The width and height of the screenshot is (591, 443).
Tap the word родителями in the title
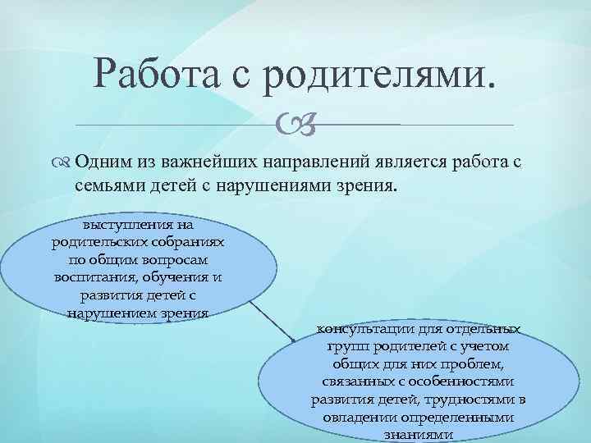point(378,75)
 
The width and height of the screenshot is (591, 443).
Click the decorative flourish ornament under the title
point(293,125)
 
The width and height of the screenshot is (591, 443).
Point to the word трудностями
point(470,400)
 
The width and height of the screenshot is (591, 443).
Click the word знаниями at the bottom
point(420,435)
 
